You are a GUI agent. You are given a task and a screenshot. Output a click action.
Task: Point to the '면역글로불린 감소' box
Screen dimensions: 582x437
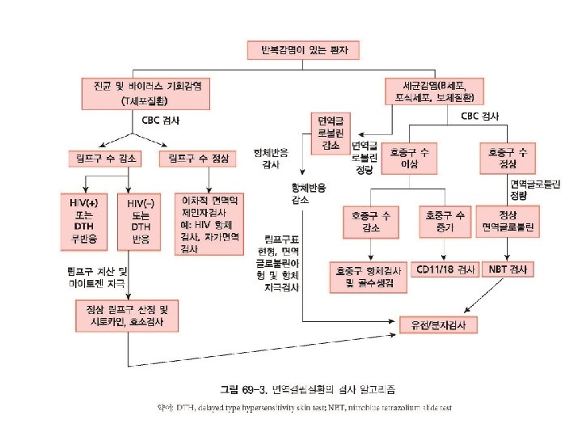331,132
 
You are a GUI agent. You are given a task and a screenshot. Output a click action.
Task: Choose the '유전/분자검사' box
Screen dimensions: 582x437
439,325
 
